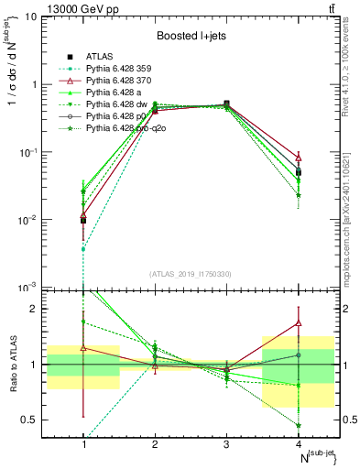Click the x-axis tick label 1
point(83,444)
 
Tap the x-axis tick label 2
point(155,444)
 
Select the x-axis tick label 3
point(226,444)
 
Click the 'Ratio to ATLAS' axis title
point(12,364)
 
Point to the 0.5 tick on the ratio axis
point(32,420)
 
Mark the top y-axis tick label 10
point(30,16)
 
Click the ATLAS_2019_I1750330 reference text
point(191,274)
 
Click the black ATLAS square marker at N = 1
point(83,221)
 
